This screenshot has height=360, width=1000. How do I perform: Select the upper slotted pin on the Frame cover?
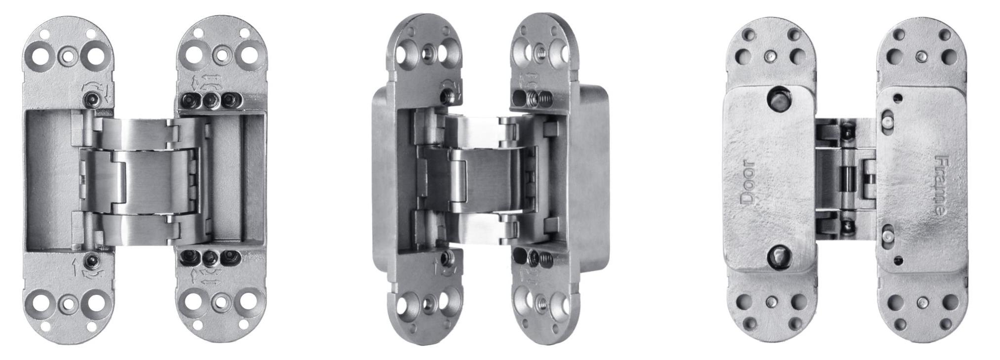[887, 120]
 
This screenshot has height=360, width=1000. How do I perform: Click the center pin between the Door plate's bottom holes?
[770, 302]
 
